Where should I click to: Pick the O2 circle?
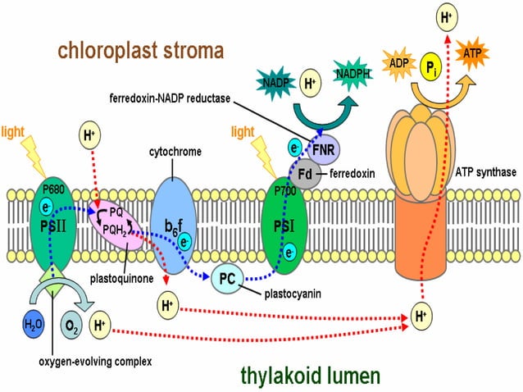tap(71, 325)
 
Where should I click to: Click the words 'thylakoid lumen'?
tap(310, 376)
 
